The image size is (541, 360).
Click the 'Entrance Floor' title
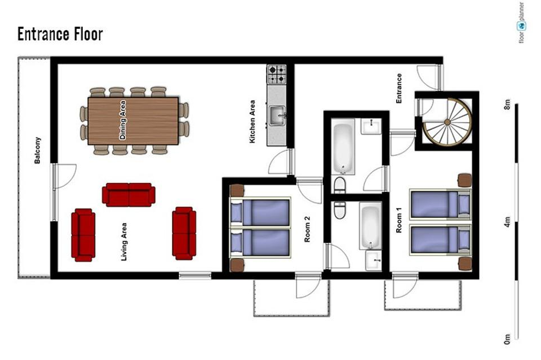60,34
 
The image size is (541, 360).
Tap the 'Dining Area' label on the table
122,120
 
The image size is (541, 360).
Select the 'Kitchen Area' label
252,122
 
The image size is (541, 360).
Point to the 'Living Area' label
123,242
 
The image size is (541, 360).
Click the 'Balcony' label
37,150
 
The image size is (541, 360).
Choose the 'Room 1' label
399,220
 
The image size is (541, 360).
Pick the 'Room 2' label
307,229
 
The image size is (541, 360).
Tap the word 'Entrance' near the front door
399,88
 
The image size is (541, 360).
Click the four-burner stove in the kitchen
277,74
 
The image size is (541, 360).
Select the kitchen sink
277,115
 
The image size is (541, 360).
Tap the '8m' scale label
507,104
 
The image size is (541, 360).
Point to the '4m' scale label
507,222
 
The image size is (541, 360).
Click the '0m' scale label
507,339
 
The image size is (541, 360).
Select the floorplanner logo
521,23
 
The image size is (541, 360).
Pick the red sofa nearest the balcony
83,235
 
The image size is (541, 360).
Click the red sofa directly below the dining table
128,195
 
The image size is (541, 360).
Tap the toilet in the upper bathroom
340,186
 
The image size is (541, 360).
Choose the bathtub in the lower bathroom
370,226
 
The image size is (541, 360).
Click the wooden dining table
133,121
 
